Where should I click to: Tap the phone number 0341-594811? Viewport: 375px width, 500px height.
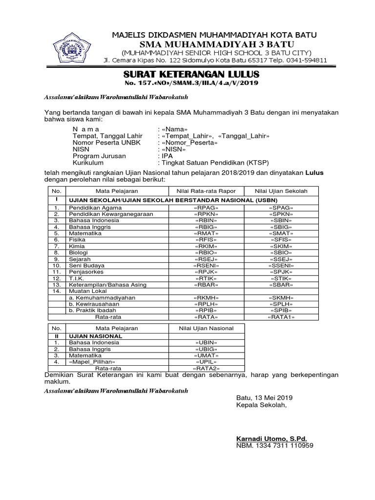pos(306,61)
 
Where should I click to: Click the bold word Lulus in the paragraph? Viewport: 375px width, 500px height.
pos(314,173)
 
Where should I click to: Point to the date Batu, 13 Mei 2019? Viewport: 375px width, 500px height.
pos(264,397)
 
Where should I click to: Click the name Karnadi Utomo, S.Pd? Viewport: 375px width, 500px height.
pos(271,438)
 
